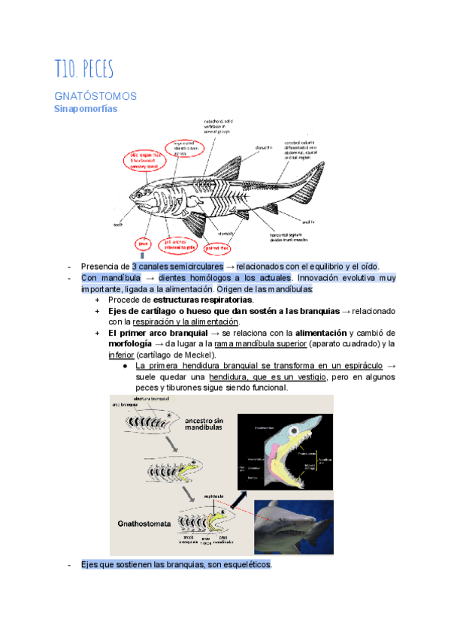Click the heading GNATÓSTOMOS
click(x=95, y=96)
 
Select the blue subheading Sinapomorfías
click(x=85, y=108)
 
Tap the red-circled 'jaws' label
click(x=142, y=243)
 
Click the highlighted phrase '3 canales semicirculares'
click(x=178, y=267)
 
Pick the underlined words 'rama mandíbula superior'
click(x=260, y=343)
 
